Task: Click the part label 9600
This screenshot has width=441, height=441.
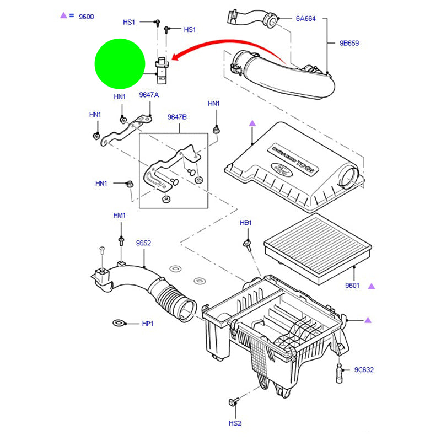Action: pos(86,17)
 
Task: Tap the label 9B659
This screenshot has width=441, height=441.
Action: pos(349,42)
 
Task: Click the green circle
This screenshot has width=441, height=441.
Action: pos(120,63)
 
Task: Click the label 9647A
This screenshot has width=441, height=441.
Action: pos(148,95)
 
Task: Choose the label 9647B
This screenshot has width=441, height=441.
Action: pos(178,117)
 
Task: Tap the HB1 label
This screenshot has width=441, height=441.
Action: pos(246,223)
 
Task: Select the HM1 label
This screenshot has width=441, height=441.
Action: pos(120,216)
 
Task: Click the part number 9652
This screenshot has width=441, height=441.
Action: pos(143,243)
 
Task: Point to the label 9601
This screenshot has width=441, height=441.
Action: pos(352,286)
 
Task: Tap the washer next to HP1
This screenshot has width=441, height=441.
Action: pos(119,322)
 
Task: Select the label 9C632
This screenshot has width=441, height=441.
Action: pos(363,369)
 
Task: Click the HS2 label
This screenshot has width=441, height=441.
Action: pos(235,423)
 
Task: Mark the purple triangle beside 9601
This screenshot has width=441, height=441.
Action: pos(371,286)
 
